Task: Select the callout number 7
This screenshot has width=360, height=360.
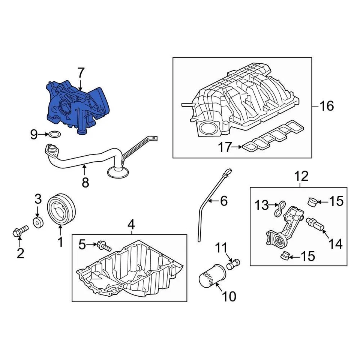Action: pyautogui.click(x=81, y=73)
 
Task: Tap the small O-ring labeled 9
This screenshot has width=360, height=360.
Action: pyautogui.click(x=54, y=134)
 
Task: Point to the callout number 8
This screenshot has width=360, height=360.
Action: pyautogui.click(x=85, y=182)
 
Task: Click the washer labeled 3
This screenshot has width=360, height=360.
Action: pyautogui.click(x=38, y=222)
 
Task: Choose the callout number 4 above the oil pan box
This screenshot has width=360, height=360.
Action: pyautogui.click(x=130, y=225)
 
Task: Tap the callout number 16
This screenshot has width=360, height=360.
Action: pyautogui.click(x=326, y=106)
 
